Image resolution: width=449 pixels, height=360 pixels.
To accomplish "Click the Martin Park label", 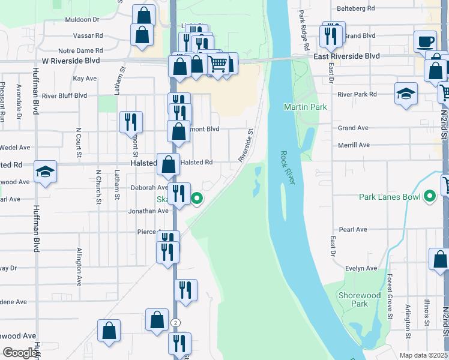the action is point(306,107).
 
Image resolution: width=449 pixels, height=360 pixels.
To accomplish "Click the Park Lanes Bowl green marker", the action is point(430,196).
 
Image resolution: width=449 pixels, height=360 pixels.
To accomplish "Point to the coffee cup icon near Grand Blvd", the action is point(425,42).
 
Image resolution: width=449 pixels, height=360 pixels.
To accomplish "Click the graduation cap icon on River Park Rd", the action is point(406,94).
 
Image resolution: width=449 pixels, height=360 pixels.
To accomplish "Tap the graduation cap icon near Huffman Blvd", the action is point(46,172).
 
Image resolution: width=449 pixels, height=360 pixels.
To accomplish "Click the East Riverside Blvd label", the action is point(347,56).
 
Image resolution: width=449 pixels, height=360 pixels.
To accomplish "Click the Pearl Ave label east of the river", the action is point(353,230).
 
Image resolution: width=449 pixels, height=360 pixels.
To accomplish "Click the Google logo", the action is point(20,353).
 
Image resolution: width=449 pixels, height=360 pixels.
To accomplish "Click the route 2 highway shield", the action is point(175,323).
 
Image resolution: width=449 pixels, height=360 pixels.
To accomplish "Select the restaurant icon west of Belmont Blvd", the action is point(130,122).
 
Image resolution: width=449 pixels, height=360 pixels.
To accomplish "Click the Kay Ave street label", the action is point(85,79).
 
